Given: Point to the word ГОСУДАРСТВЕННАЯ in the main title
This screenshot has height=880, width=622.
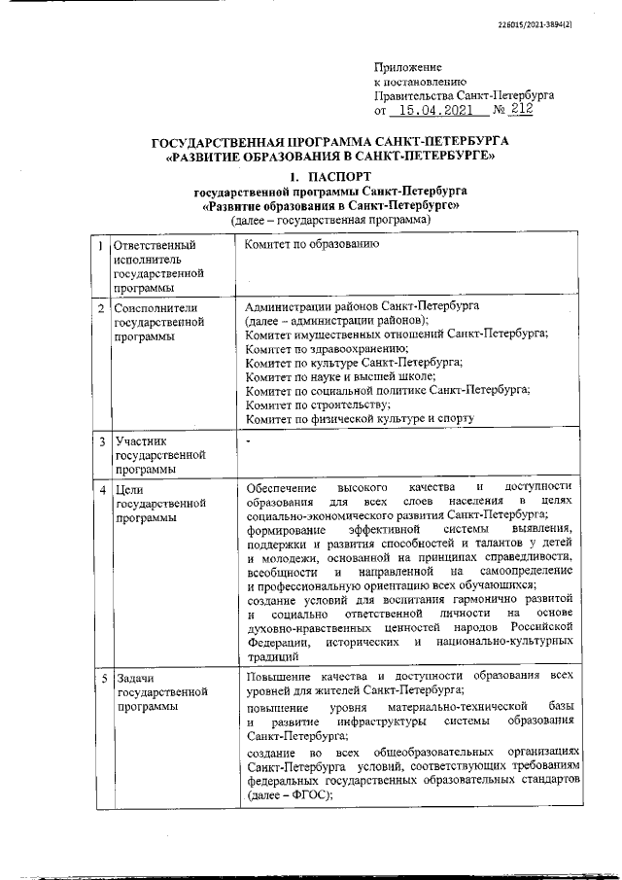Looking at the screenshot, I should [217, 141].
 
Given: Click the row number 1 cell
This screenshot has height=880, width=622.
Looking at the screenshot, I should [101, 247].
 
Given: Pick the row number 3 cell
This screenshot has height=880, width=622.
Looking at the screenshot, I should [101, 442].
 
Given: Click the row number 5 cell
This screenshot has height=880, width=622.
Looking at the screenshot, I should [101, 677].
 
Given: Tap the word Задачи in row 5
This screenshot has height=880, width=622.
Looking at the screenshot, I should [136, 677].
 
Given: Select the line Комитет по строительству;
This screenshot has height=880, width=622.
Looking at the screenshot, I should [318, 403].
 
